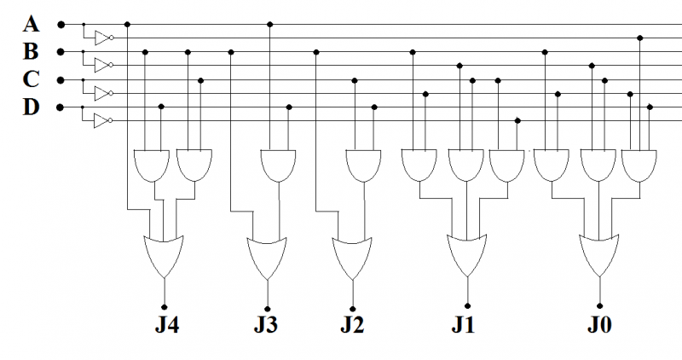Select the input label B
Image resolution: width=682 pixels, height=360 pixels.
tap(32, 51)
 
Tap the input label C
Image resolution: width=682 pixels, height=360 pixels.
tap(32, 79)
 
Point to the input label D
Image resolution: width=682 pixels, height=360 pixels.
tap(32, 107)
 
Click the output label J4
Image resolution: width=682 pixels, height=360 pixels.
tap(165, 325)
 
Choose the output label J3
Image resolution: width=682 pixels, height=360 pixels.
tap(267, 325)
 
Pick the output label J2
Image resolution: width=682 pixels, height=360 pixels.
tap(354, 325)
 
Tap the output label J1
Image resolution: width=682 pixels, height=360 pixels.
tap(465, 325)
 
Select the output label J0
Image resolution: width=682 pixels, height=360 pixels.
tap(599, 325)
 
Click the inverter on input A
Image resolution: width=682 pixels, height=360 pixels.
tap(102, 38)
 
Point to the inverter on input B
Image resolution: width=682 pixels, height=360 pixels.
tap(102, 65)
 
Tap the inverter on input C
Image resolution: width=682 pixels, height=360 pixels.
tap(102, 93)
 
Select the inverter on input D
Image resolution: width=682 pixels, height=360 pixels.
tap(102, 121)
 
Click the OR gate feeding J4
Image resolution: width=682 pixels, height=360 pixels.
tap(165, 255)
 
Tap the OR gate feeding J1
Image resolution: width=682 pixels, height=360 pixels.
tap(466, 255)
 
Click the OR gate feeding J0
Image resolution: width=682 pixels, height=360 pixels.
tap(599, 255)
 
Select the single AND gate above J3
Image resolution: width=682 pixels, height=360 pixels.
tap(278, 165)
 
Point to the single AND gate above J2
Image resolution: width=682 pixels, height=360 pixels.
tap(363, 165)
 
